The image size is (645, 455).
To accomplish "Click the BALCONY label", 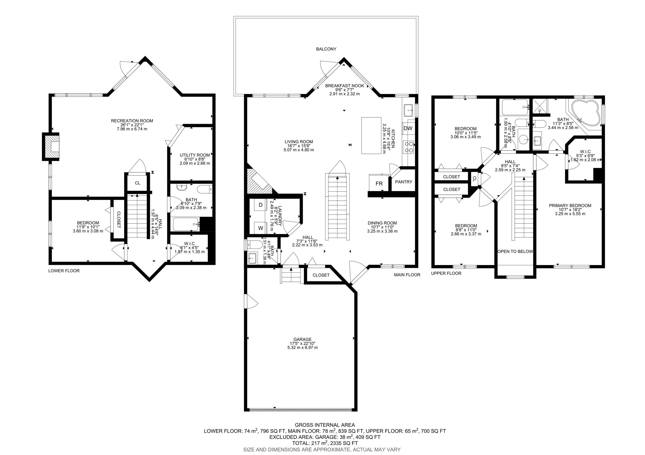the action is tap(326, 49).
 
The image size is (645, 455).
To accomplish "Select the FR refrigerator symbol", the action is tap(379, 183).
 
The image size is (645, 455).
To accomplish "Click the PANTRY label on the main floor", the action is tap(404, 182).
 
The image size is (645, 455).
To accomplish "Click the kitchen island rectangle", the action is tap(371, 135).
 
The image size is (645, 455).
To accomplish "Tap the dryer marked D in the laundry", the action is tap(261, 205).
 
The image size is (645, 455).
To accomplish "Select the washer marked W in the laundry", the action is tap(261, 228).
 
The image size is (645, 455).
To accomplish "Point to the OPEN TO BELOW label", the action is tap(515, 251).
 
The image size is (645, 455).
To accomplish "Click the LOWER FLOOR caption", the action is tap(64, 271).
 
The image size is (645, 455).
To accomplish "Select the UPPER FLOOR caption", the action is tap(446, 273).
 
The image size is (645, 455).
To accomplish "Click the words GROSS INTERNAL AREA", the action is tap(325, 425).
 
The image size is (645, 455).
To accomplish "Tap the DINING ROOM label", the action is tap(382, 223).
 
